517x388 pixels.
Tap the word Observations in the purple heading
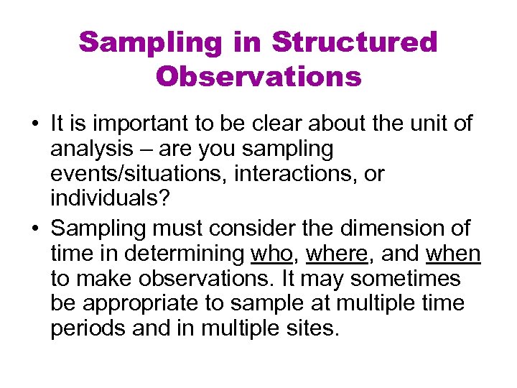pyautogui.click(x=258, y=76)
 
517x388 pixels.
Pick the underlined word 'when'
pyautogui.click(x=453, y=254)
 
